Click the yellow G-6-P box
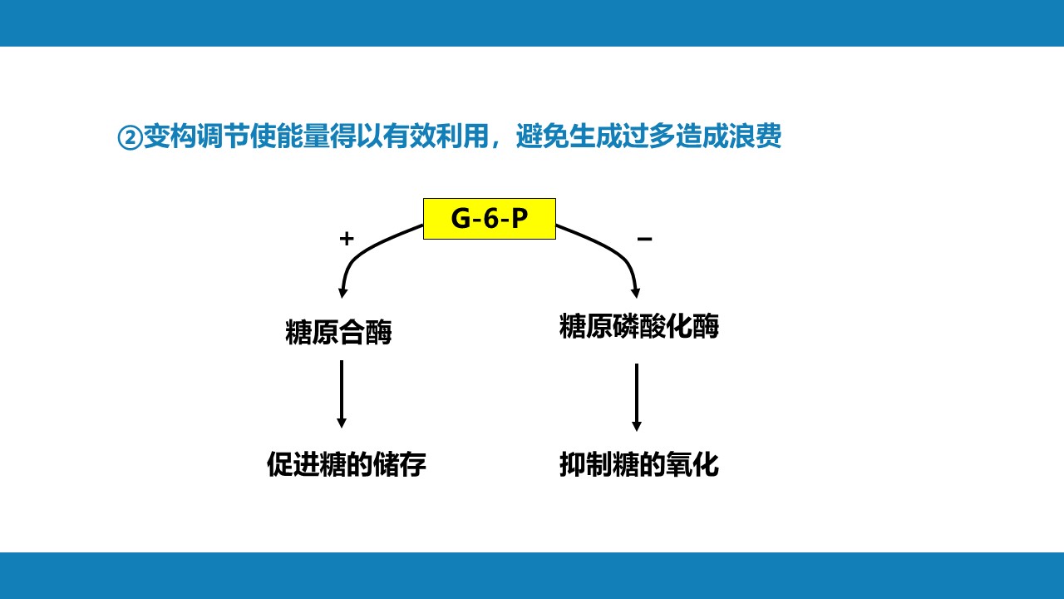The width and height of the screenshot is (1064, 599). pos(490,219)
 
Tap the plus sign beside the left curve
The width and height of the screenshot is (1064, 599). pos(347,239)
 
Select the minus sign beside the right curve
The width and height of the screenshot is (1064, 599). pos(644,239)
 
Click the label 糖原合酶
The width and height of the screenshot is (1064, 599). pos(338,332)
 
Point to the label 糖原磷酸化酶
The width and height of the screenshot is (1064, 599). pos(639,326)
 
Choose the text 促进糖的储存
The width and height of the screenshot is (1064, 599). pos(347,464)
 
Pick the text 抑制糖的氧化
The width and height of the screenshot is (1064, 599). pos(639,464)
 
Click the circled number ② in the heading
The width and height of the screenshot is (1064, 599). pos(130,138)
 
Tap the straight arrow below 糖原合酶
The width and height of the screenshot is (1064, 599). pos(342,394)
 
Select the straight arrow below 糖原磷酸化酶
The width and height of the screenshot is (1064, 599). pos(637,398)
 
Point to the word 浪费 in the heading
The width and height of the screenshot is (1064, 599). pos(756,136)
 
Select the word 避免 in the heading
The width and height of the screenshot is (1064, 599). pos(543,136)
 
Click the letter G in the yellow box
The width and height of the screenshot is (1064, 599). pos(461,219)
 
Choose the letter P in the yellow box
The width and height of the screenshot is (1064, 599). pos(520,219)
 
